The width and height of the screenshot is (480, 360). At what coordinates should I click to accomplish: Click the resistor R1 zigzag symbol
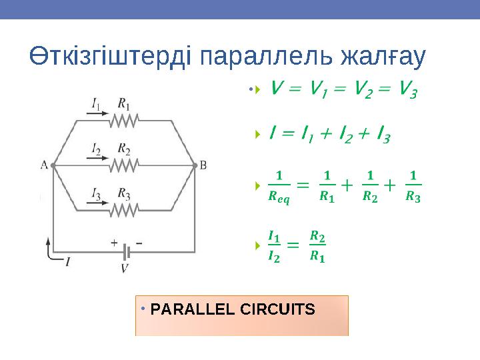123,120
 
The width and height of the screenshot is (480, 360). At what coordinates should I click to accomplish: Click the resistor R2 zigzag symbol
123,164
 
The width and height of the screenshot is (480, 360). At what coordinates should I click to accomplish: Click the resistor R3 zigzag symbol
123,209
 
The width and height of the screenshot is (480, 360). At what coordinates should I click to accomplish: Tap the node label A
44,165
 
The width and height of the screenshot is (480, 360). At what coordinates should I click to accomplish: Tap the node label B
203,165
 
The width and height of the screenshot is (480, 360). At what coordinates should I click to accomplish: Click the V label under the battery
125,268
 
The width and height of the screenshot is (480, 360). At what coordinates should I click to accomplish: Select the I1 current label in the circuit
97,103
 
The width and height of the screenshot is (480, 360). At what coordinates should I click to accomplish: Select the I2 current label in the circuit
97,148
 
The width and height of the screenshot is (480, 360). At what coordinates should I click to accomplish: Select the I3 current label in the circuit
97,193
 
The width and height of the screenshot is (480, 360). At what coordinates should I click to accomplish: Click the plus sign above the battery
114,243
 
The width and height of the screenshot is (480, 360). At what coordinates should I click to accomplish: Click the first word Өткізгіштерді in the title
109,58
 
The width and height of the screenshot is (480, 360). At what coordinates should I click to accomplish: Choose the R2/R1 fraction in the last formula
318,247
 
